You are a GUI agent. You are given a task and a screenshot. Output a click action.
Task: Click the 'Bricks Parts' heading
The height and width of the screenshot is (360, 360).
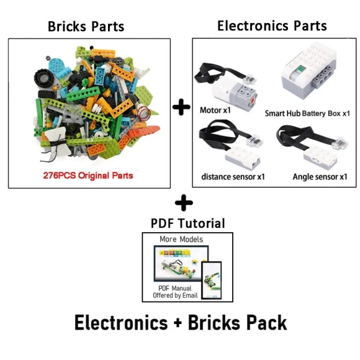86,26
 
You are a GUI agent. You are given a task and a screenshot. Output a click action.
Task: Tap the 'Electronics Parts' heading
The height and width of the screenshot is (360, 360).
272,25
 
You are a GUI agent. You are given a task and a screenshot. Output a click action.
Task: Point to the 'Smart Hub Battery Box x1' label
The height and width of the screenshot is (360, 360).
307,114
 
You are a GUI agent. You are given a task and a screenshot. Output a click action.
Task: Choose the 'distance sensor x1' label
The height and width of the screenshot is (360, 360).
233,176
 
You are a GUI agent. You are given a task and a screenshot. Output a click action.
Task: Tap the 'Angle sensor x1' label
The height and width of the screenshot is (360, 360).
320,177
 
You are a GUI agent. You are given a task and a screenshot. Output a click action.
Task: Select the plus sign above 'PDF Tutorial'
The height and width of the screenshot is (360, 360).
184,203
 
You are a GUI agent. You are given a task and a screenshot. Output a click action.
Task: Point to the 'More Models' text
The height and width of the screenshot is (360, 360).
181,239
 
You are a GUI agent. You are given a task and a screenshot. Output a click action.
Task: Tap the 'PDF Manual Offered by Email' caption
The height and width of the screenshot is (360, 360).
176,292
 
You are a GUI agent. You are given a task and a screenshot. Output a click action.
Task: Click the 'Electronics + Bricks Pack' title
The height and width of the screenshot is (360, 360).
181,323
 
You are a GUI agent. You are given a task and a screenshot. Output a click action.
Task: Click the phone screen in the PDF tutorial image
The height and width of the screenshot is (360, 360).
212,275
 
